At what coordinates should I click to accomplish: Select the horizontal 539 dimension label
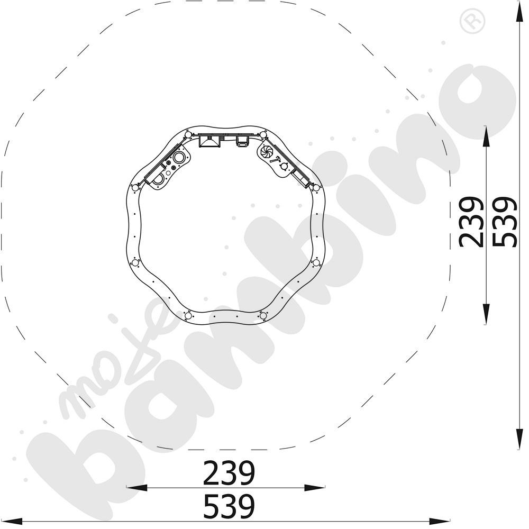[x=229, y=506]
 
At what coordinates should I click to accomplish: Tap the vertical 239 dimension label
[x=471, y=222]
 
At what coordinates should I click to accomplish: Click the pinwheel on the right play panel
[x=267, y=152]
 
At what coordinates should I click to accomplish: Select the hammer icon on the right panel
[x=276, y=160]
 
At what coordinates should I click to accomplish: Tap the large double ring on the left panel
[x=179, y=157]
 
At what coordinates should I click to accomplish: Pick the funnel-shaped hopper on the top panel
[x=209, y=141]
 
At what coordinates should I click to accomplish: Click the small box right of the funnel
[x=242, y=141]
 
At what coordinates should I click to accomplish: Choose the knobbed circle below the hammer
[x=284, y=166]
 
